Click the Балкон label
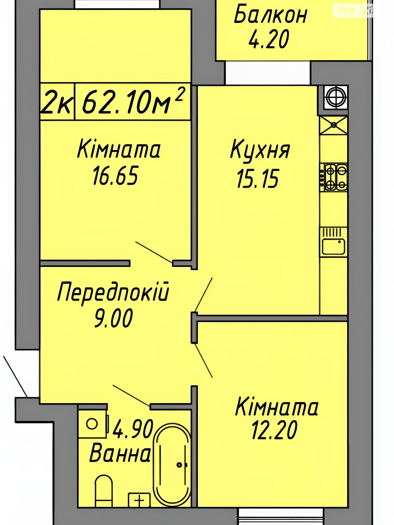[x=270, y=15]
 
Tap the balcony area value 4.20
[x=269, y=39]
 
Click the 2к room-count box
[x=57, y=101]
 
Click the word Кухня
[x=260, y=150]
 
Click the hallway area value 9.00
[x=113, y=318]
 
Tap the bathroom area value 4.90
[x=133, y=429]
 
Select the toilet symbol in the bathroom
[x=103, y=488]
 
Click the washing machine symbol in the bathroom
[x=93, y=424]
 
